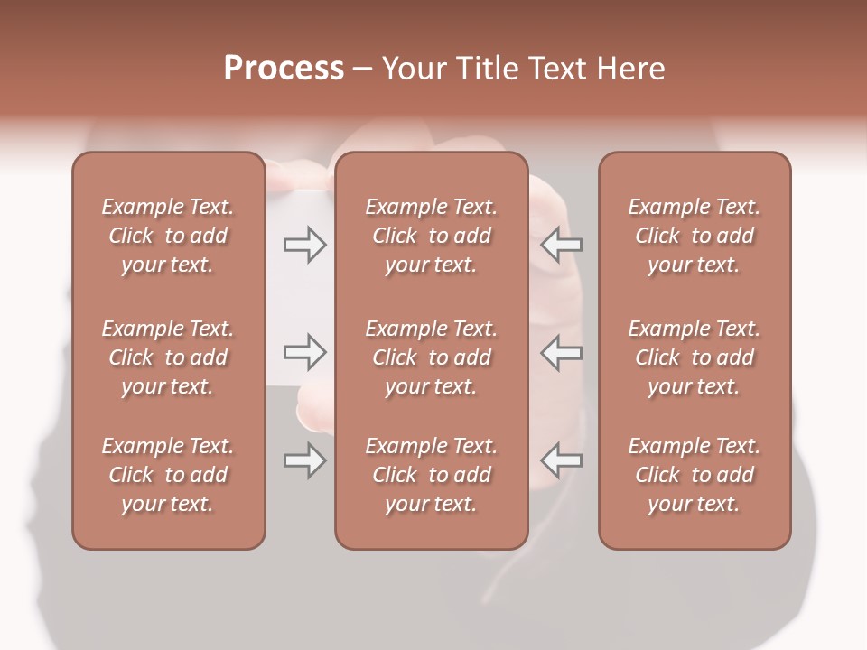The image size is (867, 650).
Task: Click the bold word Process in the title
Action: click(284, 69)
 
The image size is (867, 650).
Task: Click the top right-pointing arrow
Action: click(304, 244)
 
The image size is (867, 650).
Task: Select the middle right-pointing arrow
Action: click(304, 352)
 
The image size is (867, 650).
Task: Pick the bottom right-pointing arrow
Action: click(304, 461)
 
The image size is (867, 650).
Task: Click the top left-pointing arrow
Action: click(562, 244)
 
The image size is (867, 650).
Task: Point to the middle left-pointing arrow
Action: click(562, 352)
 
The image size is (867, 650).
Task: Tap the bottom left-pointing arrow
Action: click(562, 461)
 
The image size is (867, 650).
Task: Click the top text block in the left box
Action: click(168, 236)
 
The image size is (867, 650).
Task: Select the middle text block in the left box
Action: click(168, 357)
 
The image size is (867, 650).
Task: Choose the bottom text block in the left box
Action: click(168, 475)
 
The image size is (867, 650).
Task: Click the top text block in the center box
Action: click(432, 236)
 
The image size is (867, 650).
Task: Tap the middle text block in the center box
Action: click(432, 357)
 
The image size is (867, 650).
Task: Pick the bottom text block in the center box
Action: click(432, 475)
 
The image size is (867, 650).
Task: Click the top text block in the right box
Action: click(695, 236)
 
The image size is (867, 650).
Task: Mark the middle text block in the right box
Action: click(695, 357)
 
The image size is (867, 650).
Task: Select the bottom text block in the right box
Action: click(695, 475)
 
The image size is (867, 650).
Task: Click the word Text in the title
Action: click(557, 69)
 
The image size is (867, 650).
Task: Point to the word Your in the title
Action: click(413, 69)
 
